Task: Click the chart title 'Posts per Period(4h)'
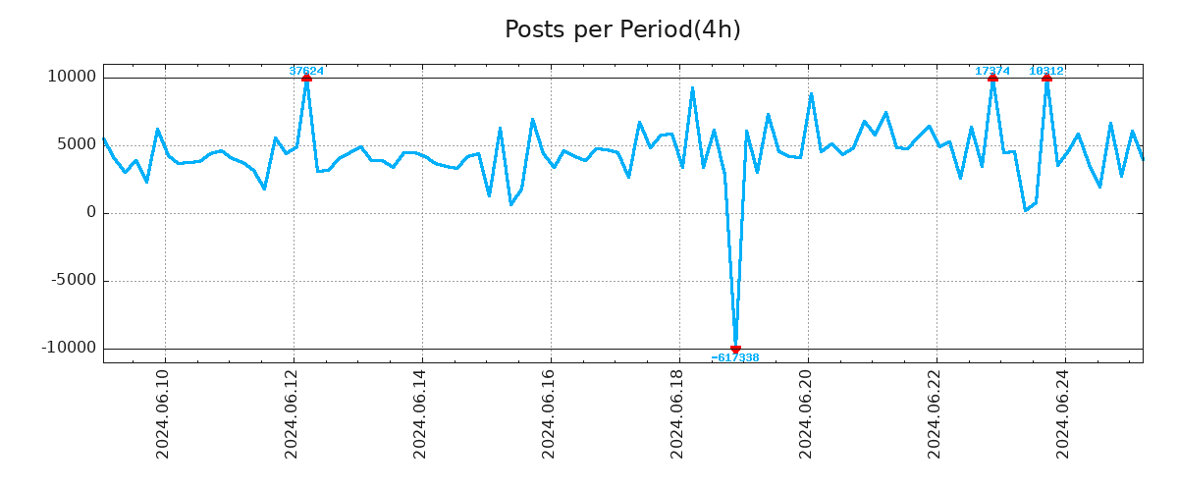pos(622,29)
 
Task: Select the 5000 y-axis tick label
pos(75,144)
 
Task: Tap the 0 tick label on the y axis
pos(91,212)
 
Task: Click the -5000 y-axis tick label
pos(72,280)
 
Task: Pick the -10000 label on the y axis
pos(69,348)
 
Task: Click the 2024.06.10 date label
pos(163,415)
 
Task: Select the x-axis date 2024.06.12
pos(292,415)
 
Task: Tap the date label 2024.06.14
pos(420,415)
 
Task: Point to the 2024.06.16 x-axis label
pos(549,415)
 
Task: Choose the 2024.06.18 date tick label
pos(677,415)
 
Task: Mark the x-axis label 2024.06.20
pos(806,415)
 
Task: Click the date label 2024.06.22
pos(935,415)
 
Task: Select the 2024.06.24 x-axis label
pos(1063,415)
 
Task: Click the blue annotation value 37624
pos(306,71)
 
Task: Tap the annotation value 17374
pos(992,71)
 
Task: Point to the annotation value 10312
pos(1046,71)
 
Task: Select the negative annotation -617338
pos(735,358)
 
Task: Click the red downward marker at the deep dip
pos(735,349)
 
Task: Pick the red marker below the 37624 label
pos(306,78)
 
